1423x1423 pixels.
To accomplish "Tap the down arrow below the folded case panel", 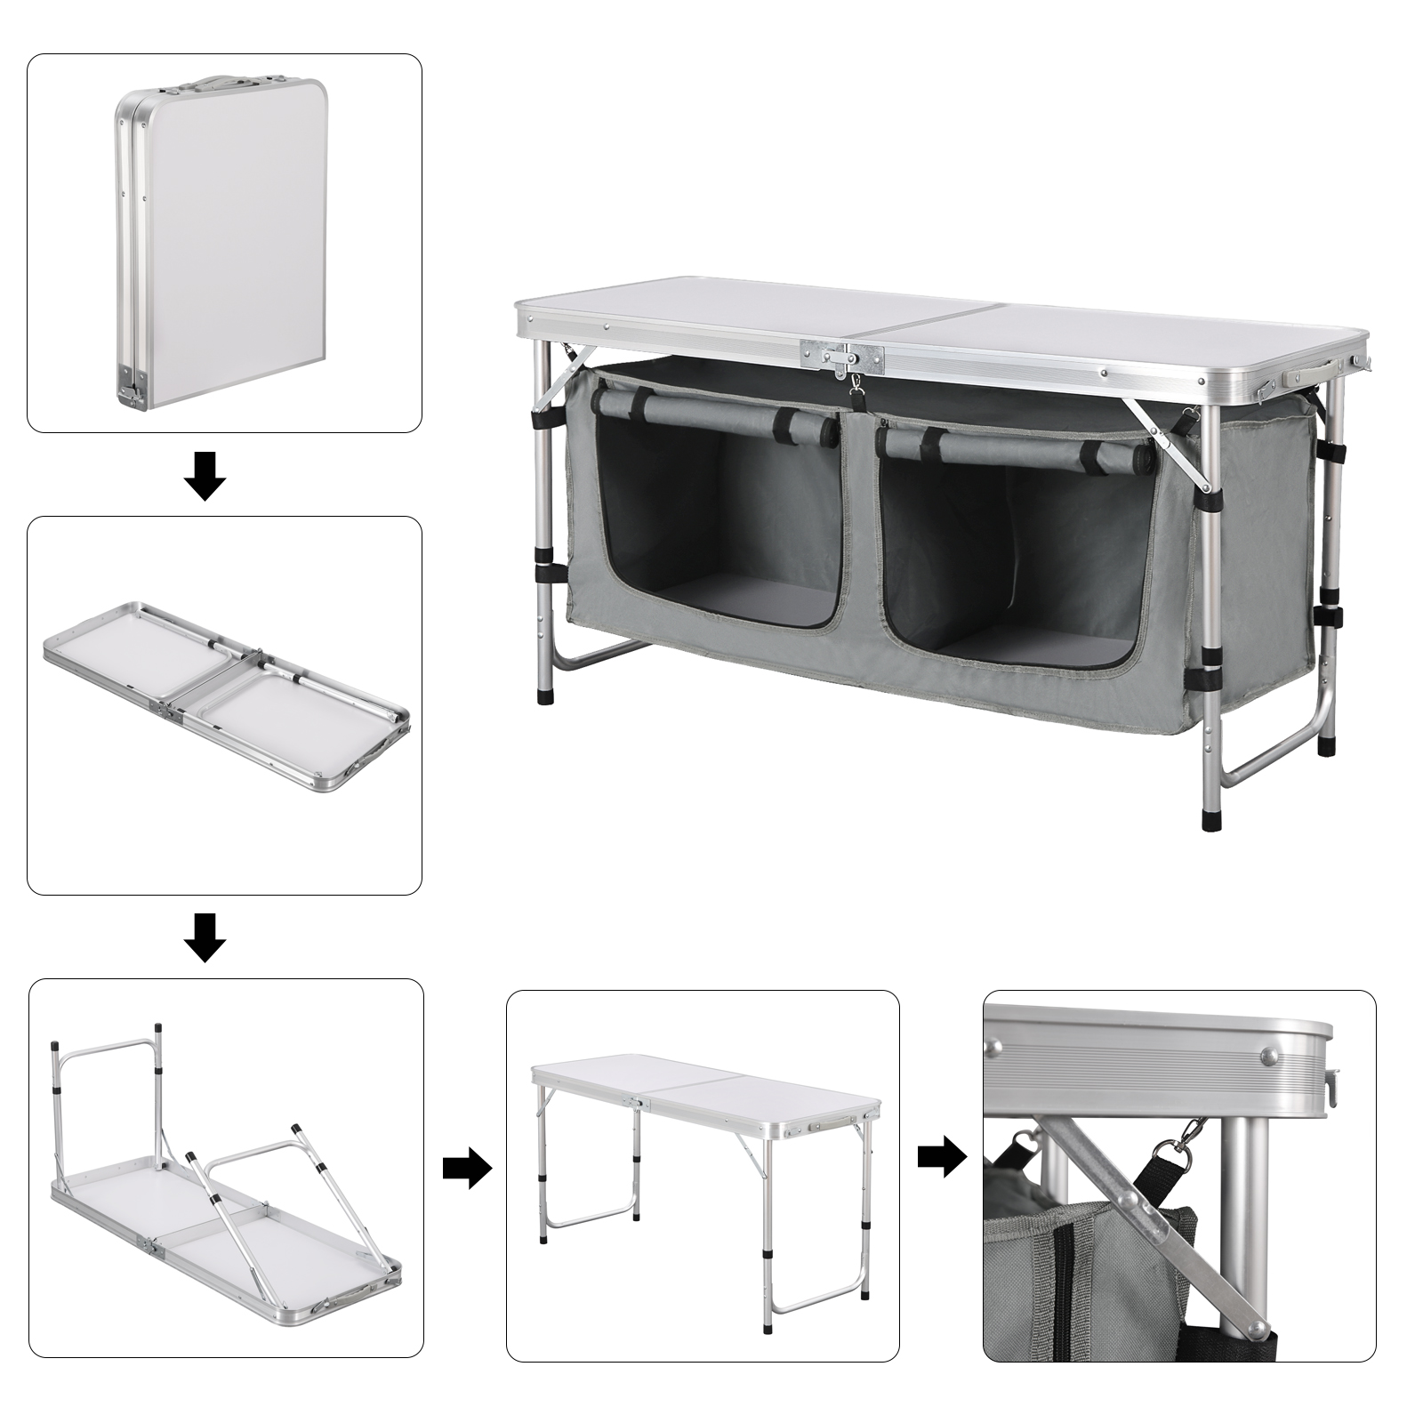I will coord(205,476).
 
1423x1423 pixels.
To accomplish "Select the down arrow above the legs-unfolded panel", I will coord(205,937).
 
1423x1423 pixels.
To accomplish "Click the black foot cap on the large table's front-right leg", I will coord(1211,818).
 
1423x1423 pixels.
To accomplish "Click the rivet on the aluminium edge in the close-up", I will coord(1267,1056).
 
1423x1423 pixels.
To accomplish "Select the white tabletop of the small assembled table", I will coord(703,1085).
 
